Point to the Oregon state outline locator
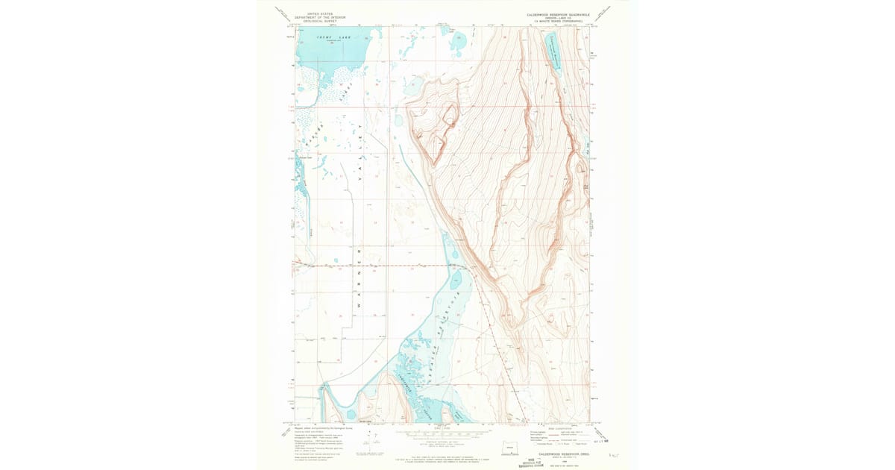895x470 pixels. (510, 448)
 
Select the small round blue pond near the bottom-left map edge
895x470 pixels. (350, 413)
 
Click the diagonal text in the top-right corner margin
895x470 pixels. (613, 13)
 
